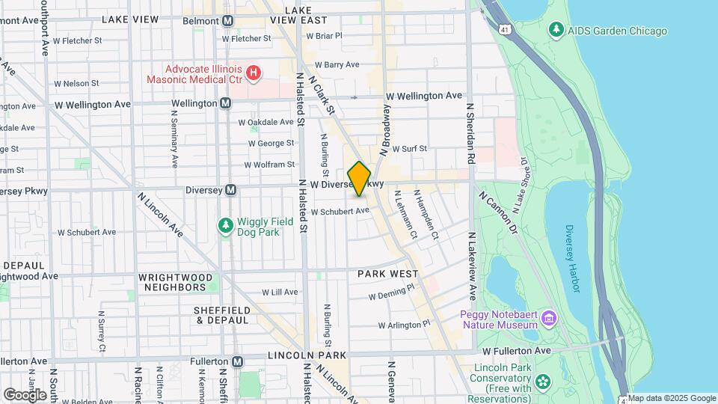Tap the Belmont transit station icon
[x=227, y=20]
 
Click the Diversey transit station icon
[x=231, y=190]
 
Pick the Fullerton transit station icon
[x=237, y=361]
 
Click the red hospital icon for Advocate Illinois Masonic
[x=254, y=73]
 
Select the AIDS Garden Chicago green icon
[x=556, y=31]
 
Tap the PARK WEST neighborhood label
[x=387, y=274]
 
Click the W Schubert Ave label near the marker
[x=340, y=212]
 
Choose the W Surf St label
[x=409, y=149]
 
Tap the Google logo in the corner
[x=25, y=394]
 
